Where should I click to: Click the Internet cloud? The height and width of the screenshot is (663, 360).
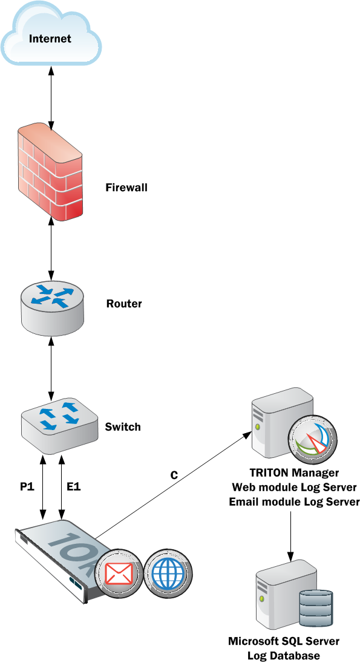point(51,33)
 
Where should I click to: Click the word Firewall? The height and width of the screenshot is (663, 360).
point(126,188)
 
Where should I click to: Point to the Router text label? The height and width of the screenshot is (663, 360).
point(124,304)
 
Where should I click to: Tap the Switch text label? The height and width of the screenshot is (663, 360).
point(123,426)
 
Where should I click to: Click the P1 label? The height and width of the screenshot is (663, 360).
point(27,487)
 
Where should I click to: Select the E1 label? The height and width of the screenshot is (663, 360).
point(74,487)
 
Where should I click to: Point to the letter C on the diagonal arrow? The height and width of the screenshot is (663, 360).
point(174,475)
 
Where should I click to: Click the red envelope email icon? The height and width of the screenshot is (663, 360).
point(119,574)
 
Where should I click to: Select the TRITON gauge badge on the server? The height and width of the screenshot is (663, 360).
point(312,440)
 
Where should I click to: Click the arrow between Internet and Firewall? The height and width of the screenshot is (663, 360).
point(51,97)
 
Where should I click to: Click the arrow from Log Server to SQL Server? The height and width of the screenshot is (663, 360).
point(290,537)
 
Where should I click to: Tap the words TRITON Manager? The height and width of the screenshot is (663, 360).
point(294,472)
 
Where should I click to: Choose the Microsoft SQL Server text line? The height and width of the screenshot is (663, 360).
point(284,641)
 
